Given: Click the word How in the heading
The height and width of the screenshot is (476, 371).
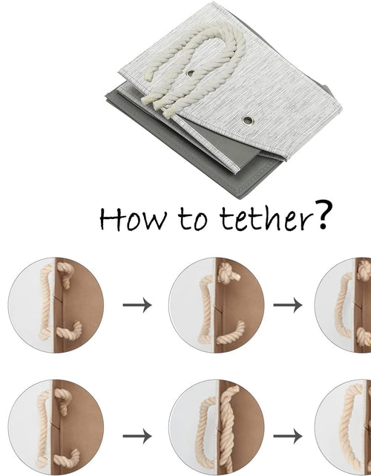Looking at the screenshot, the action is coord(133,218).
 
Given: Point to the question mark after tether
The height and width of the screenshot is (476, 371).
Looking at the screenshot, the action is coord(324,215).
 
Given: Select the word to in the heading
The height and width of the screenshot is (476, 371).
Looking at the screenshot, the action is coord(193,218).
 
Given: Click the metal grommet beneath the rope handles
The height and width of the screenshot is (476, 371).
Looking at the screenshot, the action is coord(190,74).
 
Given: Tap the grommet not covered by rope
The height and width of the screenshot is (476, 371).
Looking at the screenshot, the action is coord(248,120).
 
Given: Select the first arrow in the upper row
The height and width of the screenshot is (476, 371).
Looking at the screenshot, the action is coord(137,304).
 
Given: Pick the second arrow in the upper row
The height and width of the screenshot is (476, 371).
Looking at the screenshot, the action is coord(288,304).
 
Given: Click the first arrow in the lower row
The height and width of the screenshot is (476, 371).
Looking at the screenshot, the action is coord(137,436).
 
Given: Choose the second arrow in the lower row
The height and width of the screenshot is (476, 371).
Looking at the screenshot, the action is coord(288,436).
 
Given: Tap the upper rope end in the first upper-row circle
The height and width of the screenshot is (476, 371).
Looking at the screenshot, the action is coord(65,274).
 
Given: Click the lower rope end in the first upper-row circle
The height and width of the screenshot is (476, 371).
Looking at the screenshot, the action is coord(69,331).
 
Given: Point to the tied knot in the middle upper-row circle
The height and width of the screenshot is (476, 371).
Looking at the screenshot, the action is coord(227,273).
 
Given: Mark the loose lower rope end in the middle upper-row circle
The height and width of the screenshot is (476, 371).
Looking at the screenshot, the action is coord(232,333).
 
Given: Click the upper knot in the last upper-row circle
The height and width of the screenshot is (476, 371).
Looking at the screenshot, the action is coord(364,270).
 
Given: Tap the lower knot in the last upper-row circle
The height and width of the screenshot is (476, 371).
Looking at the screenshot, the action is coord(364,336).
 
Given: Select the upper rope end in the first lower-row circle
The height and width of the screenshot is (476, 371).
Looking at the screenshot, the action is coord(63,400).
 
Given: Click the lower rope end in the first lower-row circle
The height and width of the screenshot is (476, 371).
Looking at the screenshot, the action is coord(67,458).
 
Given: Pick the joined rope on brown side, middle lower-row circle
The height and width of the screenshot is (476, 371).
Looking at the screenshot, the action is coord(228,428).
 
